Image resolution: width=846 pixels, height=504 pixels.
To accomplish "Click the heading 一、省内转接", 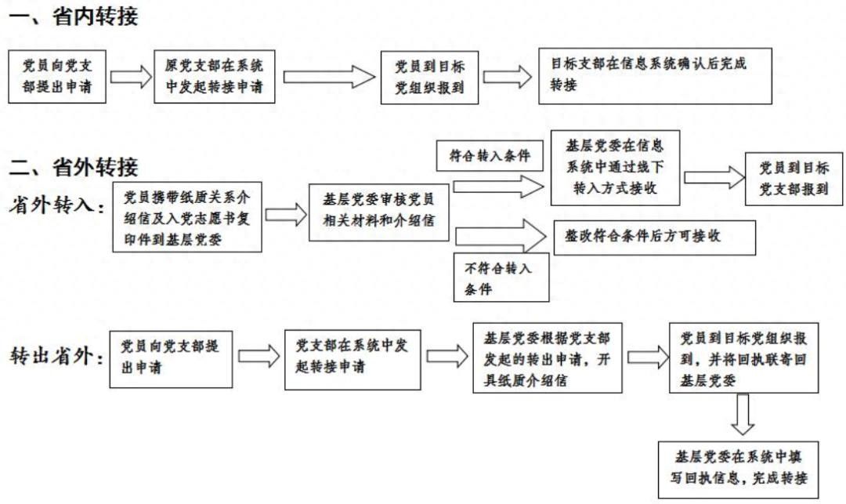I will pyautogui.click(x=74, y=16).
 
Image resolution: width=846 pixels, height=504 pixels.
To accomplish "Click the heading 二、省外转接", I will pyautogui.click(x=74, y=167).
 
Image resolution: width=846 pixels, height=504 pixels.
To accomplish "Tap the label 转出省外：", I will pyautogui.click(x=57, y=357).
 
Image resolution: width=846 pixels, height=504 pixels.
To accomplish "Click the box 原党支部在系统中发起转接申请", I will pyautogui.click(x=214, y=76).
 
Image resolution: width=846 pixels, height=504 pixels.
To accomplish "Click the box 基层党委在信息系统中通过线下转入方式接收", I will pyautogui.click(x=615, y=168).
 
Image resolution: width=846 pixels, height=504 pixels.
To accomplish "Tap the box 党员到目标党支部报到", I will pyautogui.click(x=793, y=179).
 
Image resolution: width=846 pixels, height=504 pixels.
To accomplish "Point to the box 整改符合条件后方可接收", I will pyautogui.click(x=654, y=237).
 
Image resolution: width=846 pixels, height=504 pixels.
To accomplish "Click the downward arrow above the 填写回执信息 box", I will pyautogui.click(x=742, y=414).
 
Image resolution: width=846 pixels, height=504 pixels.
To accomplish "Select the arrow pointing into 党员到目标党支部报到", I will pyautogui.click(x=712, y=178).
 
